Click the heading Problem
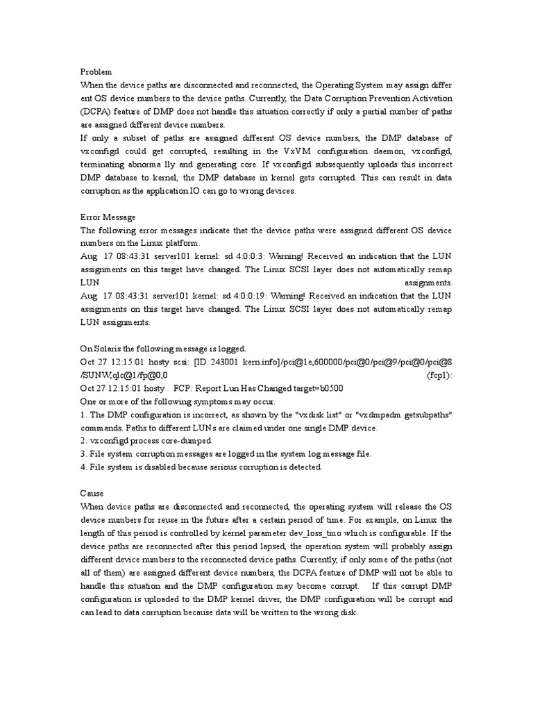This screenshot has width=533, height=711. [x=96, y=72]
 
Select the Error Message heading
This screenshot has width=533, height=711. [x=108, y=217]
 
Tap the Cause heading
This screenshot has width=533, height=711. [x=92, y=492]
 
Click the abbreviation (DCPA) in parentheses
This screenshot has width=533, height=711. [x=99, y=110]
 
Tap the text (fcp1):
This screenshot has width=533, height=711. [x=439, y=375]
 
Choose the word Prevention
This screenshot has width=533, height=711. [x=373, y=98]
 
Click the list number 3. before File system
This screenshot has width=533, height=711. [x=83, y=453]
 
